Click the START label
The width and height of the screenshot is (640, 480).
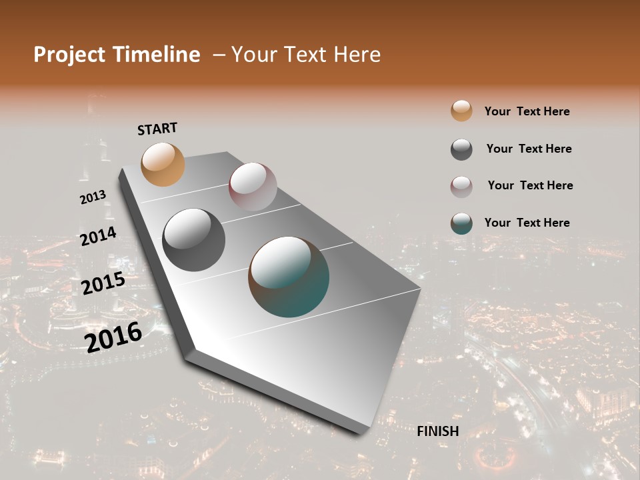157,129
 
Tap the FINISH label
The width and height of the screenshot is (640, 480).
438,431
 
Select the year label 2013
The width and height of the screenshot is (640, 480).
93,197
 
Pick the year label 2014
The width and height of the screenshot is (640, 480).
98,236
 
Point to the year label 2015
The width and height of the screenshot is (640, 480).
103,283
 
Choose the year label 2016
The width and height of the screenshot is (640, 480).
113,337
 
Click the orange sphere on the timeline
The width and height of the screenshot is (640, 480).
163,164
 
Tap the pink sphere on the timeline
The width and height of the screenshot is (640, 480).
253,187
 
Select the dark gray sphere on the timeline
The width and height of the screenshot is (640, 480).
194,240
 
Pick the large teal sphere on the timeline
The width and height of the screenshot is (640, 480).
289,277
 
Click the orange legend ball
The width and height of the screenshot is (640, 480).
461,111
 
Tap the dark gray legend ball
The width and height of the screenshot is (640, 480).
461,149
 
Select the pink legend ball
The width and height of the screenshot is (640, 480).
461,187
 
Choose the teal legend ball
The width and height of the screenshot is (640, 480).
461,223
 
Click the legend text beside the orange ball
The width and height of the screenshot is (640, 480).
527,111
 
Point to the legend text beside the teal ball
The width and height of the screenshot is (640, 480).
527,223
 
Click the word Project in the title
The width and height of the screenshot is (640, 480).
69,55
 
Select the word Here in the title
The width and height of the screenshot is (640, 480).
355,55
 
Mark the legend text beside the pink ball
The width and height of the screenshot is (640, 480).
530,185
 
